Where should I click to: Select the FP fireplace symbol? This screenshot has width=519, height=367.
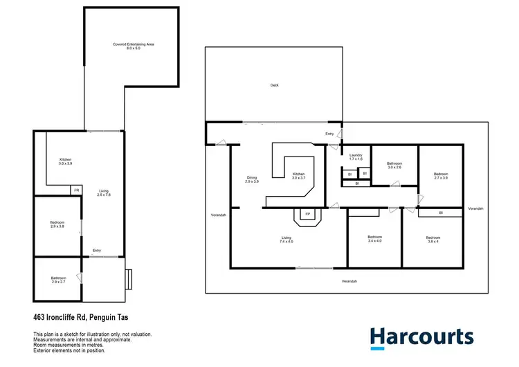(307, 215)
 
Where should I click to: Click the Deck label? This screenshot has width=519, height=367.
(274, 85)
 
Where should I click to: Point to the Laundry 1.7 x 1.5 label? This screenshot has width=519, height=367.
(356, 156)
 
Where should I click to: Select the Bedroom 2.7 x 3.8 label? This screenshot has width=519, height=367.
(441, 176)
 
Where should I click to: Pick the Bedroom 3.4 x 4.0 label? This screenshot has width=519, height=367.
(374, 240)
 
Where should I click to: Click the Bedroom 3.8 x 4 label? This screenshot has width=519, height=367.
(432, 240)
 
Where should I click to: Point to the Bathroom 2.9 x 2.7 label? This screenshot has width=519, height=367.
(58, 280)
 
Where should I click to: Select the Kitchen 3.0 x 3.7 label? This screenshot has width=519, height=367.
(298, 176)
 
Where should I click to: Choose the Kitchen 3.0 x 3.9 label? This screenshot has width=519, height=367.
(65, 162)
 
